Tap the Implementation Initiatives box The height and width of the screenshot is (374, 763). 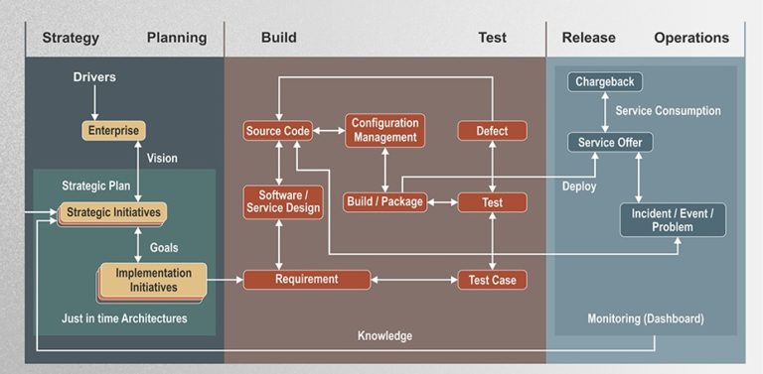[153, 280]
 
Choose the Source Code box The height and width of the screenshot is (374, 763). [277, 130]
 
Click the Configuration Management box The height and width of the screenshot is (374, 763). [384, 130]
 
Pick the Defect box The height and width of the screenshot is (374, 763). [492, 130]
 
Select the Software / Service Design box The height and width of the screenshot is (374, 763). [283, 201]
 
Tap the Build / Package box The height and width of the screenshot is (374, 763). [383, 201]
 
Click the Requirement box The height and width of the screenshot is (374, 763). [307, 280]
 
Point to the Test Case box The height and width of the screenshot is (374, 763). [492, 280]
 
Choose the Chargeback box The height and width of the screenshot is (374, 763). [605, 81]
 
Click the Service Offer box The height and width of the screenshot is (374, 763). [610, 143]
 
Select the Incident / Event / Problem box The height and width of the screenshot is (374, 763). [673, 219]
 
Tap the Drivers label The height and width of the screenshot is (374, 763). [94, 77]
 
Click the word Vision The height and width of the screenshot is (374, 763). [162, 158]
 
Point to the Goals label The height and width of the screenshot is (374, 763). [164, 247]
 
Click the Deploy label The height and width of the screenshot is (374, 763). [579, 186]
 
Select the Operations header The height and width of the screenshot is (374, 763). [691, 38]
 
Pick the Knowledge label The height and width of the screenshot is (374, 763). [384, 336]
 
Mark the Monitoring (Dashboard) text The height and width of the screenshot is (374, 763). [645, 318]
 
